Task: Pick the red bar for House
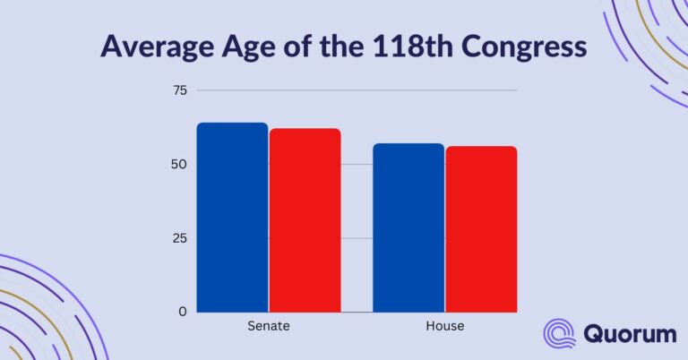point(481,229)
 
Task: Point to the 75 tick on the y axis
point(179,90)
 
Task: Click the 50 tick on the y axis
point(179,165)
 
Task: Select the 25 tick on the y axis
point(179,238)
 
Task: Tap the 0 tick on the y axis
point(183,312)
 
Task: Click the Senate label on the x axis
point(268,327)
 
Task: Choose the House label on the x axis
point(445,327)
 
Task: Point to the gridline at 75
point(358,90)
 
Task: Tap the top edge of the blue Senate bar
point(232,124)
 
